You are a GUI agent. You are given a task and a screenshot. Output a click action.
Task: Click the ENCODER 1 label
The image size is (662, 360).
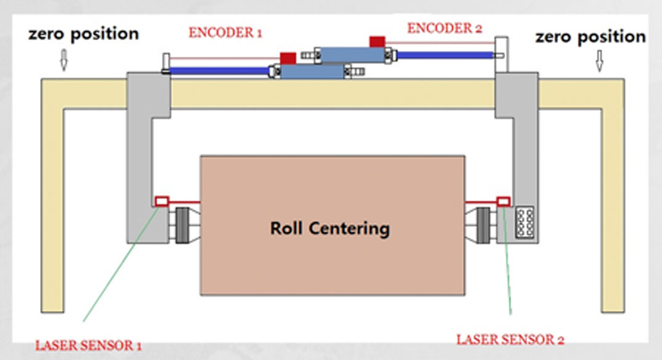tap(225, 33)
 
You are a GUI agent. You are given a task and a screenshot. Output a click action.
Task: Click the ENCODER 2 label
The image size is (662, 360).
tap(445, 28)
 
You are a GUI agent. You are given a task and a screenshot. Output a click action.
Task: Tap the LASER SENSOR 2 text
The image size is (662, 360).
tap(510, 339)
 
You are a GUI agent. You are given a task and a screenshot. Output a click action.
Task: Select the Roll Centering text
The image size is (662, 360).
tap(330, 229)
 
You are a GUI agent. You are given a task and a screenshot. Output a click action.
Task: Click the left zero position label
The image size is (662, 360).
tap(83, 34)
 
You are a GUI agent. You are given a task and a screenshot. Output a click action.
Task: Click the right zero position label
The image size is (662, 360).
tap(590, 36)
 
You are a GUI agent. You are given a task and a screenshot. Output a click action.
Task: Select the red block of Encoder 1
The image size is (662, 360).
tap(288, 58)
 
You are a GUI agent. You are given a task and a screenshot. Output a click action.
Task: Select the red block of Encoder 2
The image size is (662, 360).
tap(377, 41)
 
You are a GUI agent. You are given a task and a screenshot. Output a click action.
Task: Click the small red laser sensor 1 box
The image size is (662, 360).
tap(162, 201)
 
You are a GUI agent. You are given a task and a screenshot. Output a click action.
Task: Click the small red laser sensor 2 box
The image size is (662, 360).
tap(503, 201)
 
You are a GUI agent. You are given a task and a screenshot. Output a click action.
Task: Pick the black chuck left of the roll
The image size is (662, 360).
tap(183, 225)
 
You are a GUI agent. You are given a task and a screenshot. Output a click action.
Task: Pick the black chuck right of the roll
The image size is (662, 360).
tap(482, 225)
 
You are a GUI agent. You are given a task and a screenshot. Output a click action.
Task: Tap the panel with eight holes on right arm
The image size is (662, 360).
tap(526, 222)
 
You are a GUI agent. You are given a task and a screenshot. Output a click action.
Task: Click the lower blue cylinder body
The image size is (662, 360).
tap(312, 71)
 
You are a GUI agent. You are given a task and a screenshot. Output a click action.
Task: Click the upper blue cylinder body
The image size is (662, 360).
tap(349, 55)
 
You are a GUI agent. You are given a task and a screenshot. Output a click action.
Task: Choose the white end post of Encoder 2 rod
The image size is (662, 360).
tap(502, 49)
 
